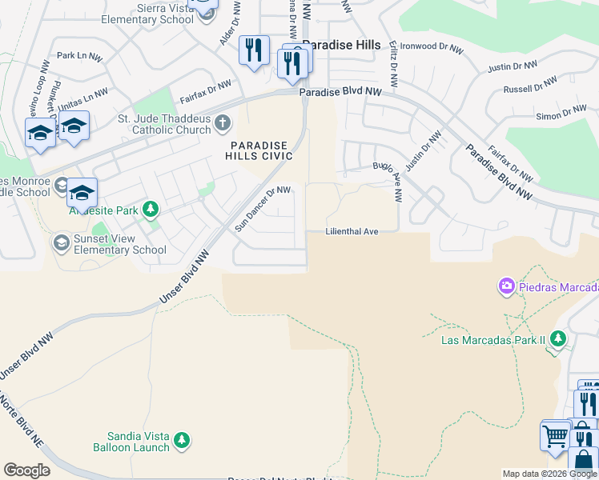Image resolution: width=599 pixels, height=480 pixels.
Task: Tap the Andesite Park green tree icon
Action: coord(150,210)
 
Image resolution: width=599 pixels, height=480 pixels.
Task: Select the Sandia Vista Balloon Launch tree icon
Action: coord(182,439)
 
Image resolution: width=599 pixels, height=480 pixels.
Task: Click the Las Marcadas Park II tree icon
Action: coord(557,340)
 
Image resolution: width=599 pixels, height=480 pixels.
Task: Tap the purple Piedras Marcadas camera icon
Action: coord(506,286)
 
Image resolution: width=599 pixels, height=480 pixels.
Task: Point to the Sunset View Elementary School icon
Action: coord(61,242)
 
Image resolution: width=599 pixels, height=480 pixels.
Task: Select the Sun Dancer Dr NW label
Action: coord(262,209)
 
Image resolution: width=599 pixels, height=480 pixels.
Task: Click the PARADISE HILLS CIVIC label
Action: coord(262,150)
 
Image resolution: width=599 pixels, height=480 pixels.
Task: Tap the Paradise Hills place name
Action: coord(342,46)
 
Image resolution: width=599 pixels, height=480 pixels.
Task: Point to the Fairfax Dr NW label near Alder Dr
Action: coord(206,90)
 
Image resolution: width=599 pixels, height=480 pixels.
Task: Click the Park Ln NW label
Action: coord(79,57)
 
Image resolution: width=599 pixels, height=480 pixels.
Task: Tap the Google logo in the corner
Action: coord(26,470)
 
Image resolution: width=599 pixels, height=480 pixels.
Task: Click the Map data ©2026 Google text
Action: coord(549,474)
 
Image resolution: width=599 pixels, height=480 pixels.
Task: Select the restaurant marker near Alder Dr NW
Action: coord(254,51)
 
